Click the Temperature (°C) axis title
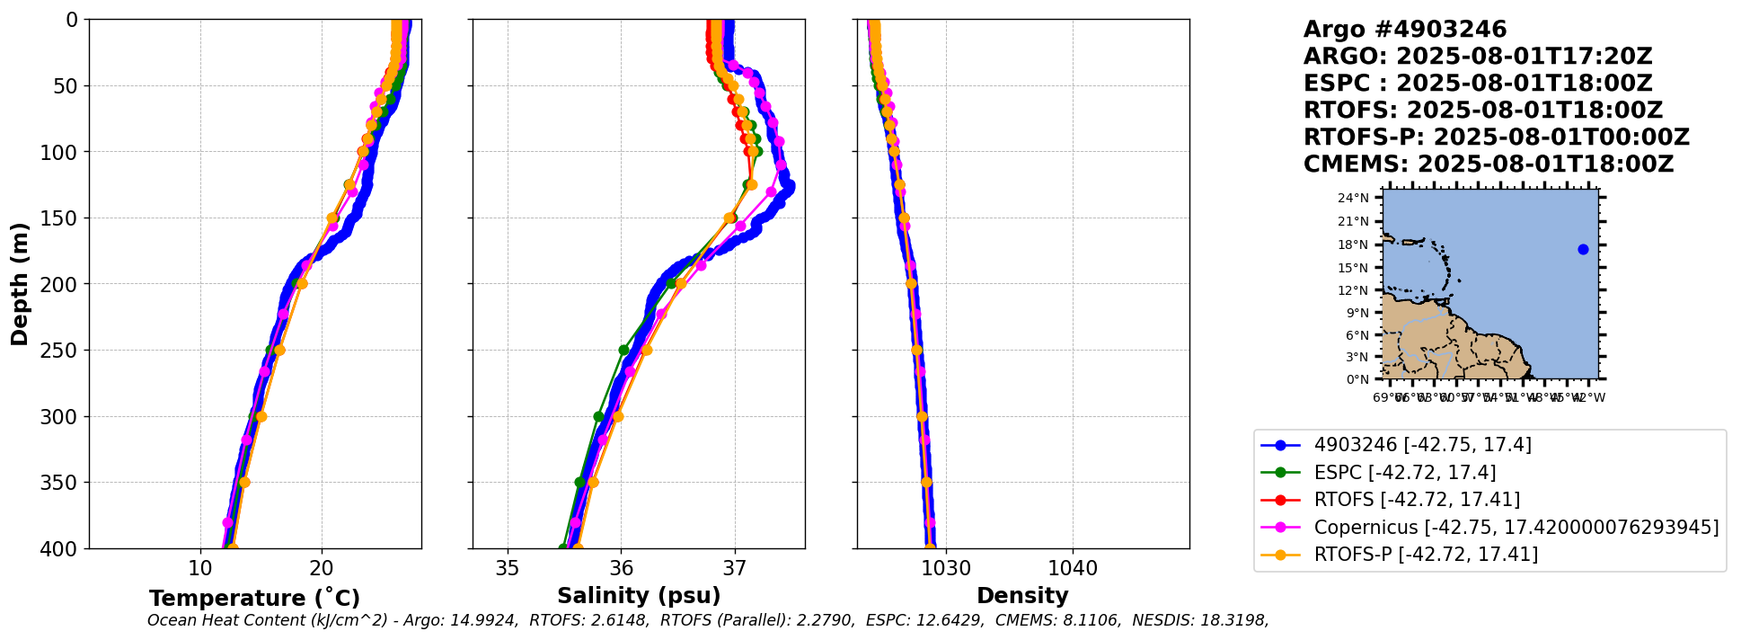[254, 599]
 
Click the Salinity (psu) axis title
[639, 596]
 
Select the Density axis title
[1022, 596]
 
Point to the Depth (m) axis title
[20, 283]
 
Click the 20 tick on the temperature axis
[322, 568]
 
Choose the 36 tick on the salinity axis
[621, 568]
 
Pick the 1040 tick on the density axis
[1073, 568]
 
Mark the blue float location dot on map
[1583, 249]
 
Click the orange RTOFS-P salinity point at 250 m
[646, 350]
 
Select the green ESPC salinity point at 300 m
[598, 416]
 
